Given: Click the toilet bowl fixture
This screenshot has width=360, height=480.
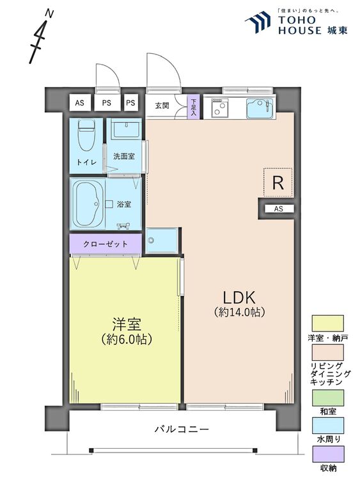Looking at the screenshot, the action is point(86,135).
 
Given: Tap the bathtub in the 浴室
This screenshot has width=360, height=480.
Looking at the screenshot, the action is point(88,204).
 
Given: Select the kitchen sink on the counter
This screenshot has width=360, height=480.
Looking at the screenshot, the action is point(260,109).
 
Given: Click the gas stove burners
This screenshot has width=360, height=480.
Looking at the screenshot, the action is point(219,108).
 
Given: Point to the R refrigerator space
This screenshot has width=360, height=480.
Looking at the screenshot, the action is point(278,183).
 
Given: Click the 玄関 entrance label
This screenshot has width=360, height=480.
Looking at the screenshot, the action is point(162,106).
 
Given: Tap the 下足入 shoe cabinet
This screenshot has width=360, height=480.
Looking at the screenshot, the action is point(193,107).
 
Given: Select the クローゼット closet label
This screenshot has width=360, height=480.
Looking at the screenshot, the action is point(106,244).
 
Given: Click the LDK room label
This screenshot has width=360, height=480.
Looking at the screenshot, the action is point(239,298).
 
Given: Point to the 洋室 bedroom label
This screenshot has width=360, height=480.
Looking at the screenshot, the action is point(127,324).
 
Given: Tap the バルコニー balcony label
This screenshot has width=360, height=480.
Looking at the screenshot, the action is point(182,429).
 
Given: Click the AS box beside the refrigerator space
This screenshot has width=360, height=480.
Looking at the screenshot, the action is point(279,209).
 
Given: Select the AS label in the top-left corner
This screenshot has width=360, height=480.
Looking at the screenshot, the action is point(79,102).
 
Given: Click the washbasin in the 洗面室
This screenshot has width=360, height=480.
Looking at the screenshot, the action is point(126,129).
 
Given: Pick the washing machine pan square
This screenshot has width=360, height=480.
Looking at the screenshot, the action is point(161,241).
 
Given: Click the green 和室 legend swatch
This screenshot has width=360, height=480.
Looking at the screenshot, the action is point(327,397).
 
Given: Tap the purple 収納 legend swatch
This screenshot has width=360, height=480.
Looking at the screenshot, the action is point(328,454).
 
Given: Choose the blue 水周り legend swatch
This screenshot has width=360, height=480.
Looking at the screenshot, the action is point(327,426).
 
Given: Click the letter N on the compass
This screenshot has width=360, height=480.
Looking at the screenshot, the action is point(49,13).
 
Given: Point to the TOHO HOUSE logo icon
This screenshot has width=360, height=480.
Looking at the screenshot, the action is point(258,22).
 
